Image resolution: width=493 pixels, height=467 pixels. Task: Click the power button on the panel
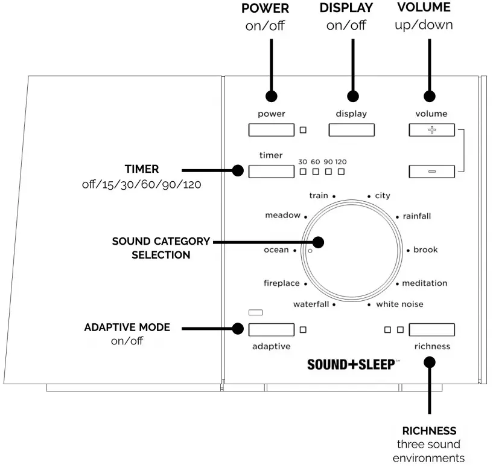[271, 130]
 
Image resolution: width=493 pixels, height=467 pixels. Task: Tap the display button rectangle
[351, 130]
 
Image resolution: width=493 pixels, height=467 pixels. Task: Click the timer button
[271, 171]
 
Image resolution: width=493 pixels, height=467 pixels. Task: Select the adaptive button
[271, 330]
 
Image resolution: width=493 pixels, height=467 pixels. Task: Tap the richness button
[431, 330]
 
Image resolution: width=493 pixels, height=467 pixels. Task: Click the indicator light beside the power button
[303, 130]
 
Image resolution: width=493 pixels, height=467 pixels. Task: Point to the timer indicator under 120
[342, 172]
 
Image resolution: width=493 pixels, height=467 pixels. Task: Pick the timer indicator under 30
[303, 172]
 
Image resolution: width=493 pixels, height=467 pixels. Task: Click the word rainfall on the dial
[417, 216]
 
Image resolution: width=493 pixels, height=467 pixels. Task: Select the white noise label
[399, 304]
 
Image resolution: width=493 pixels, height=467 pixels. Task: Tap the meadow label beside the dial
[282, 216]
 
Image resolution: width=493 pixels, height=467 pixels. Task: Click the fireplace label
[281, 283]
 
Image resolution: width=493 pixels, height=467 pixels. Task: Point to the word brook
[425, 250]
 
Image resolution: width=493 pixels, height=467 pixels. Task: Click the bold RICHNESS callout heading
[429, 431]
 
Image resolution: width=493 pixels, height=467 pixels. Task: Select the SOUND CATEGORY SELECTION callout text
[161, 248]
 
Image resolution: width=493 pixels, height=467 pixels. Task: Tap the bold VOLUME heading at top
[423, 8]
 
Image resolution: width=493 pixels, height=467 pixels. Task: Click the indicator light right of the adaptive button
[303, 330]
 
